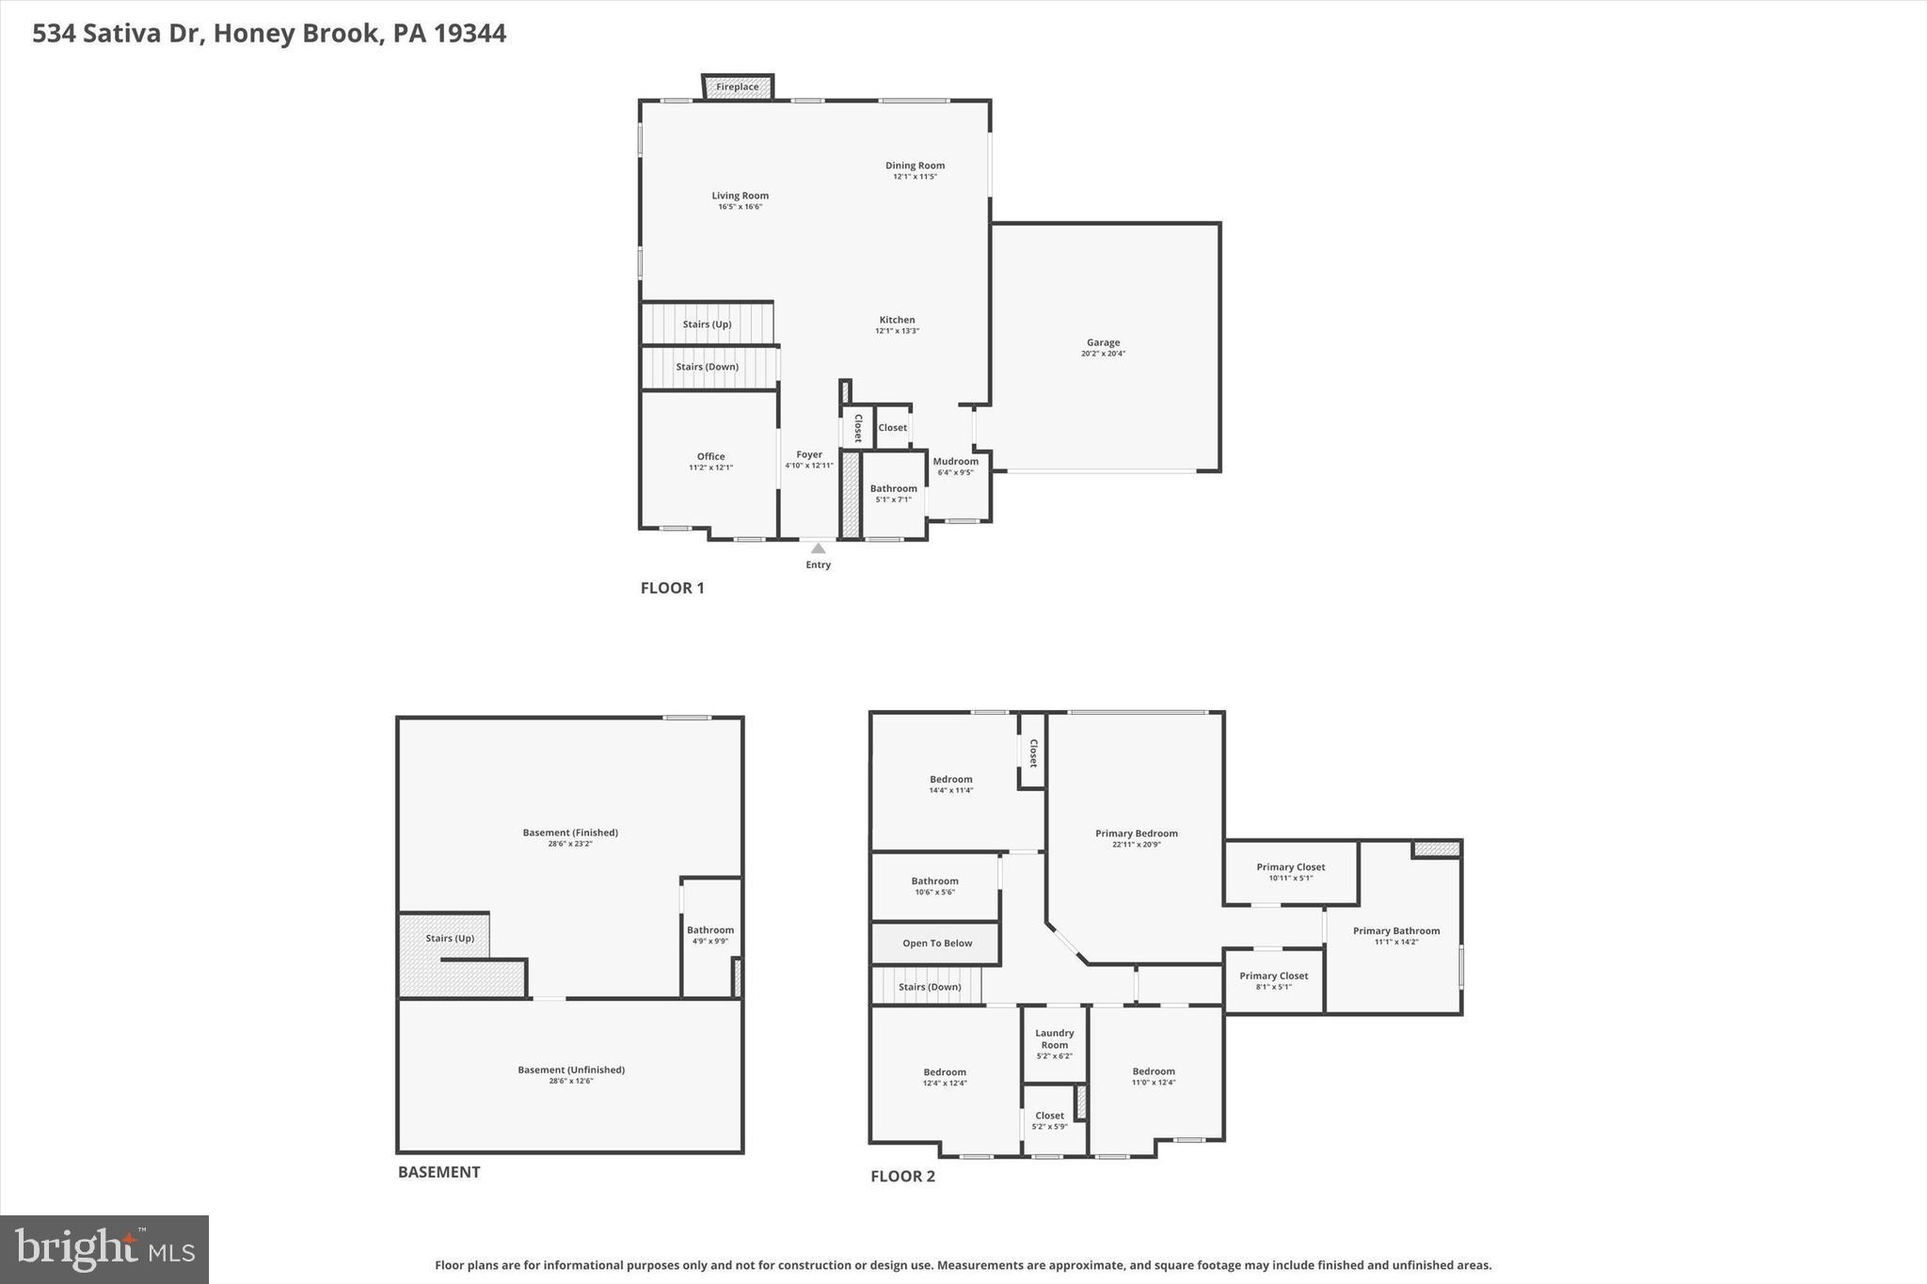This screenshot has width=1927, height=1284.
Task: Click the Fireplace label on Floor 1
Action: (737, 87)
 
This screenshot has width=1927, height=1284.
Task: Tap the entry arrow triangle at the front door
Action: (818, 548)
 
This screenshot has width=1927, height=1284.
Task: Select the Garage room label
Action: (1103, 343)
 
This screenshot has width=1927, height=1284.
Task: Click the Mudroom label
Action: (955, 461)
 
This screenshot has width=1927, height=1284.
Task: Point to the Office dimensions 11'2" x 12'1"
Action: (710, 468)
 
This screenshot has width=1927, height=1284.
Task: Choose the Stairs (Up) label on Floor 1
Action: (707, 325)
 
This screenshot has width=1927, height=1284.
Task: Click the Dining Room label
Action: (915, 166)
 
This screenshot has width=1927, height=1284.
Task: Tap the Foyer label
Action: (809, 454)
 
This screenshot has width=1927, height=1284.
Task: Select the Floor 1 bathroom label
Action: (893, 488)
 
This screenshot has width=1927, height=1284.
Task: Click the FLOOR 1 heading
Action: (672, 588)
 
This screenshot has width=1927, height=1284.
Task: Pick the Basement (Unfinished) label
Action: (571, 1070)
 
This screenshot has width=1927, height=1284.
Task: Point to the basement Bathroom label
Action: (710, 930)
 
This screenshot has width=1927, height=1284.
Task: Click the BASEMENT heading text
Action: (438, 1172)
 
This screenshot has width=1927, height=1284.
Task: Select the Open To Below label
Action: (937, 943)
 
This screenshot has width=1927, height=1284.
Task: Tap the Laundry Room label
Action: (1054, 1038)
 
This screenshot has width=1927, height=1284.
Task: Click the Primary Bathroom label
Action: (1396, 931)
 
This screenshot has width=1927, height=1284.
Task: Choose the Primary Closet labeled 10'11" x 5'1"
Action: (1290, 867)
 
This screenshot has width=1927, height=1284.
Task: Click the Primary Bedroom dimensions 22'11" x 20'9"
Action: (1136, 845)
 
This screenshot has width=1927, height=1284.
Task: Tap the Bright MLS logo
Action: (104, 1249)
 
